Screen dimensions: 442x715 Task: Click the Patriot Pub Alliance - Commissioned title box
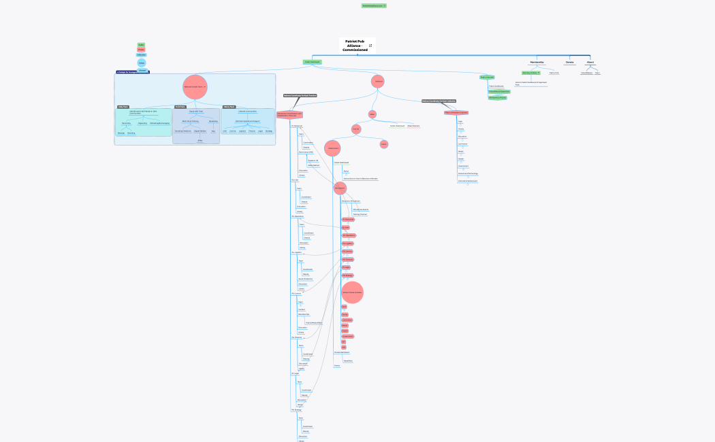pyautogui.click(x=355, y=46)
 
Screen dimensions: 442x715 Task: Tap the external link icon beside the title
pyautogui.click(x=370, y=46)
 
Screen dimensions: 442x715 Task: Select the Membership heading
pyautogui.click(x=537, y=62)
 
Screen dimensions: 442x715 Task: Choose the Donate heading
pyautogui.click(x=569, y=62)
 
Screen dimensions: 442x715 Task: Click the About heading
pyautogui.click(x=590, y=62)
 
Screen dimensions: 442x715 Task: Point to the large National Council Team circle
pyautogui.click(x=194, y=87)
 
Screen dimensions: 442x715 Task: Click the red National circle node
pyautogui.click(x=378, y=81)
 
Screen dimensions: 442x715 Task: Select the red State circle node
pyautogui.click(x=372, y=114)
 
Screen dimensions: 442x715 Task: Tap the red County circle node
pyautogui.click(x=356, y=129)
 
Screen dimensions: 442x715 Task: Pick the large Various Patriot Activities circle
pyautogui.click(x=352, y=292)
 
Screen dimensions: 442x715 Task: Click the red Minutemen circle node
pyautogui.click(x=332, y=148)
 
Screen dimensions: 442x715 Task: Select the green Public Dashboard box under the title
pyautogui.click(x=312, y=62)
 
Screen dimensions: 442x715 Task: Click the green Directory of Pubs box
pyautogui.click(x=530, y=72)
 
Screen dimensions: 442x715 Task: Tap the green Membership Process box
pyautogui.click(x=498, y=97)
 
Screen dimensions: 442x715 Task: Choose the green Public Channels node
pyautogui.click(x=487, y=77)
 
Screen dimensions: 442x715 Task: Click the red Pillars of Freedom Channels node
pyautogui.click(x=456, y=112)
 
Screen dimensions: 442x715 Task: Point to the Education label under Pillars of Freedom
pyautogui.click(x=462, y=136)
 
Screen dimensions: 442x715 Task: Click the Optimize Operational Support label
pyautogui.click(x=247, y=120)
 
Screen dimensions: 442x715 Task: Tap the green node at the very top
pyautogui.click(x=374, y=5)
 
